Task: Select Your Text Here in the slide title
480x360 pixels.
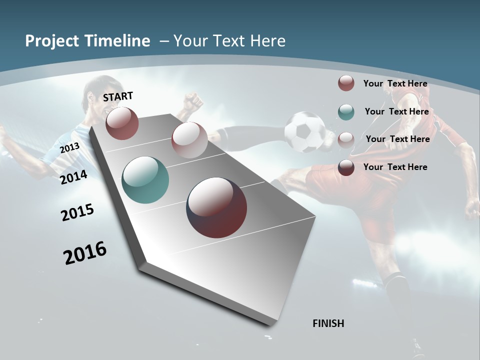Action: (229, 41)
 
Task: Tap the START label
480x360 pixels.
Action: (118, 96)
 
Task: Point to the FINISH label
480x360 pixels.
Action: (328, 323)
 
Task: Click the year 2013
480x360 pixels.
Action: (69, 148)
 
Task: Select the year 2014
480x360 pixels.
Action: (73, 177)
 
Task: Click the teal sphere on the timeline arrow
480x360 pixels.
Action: (145, 180)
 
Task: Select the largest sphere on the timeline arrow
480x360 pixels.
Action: (216, 207)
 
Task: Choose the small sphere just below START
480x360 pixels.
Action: (122, 123)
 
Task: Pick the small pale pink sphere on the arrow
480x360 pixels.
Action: (189, 139)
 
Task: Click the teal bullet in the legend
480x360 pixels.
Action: (346, 112)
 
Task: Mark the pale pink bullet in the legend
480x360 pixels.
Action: (346, 140)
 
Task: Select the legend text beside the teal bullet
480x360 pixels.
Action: (396, 111)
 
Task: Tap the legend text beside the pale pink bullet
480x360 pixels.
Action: (397, 139)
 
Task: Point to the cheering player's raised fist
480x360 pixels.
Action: (192, 101)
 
